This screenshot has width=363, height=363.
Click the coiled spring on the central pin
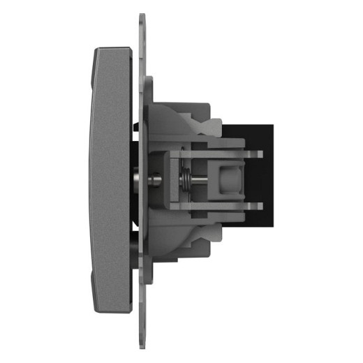188,179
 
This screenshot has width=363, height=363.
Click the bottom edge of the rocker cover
112,311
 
